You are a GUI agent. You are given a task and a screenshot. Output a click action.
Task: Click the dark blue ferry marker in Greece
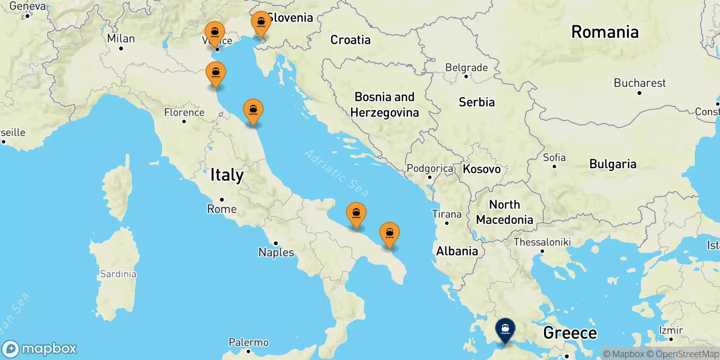pos(505,330)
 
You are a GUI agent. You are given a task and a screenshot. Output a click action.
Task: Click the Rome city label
pos(222,209)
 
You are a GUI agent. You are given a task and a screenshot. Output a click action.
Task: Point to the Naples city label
pos(276,252)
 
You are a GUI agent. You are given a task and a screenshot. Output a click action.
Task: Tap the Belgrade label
pos(466,68)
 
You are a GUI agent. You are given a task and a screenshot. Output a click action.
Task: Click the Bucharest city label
pos(639,83)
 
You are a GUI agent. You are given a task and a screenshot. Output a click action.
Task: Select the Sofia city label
pos(554,157)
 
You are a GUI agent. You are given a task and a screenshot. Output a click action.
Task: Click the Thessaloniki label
pos(542,242)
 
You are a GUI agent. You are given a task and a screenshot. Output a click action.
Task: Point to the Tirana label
pos(447,214)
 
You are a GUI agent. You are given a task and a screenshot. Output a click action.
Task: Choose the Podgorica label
pos(430,169)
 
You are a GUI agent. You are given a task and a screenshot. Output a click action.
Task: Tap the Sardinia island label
pos(118,274)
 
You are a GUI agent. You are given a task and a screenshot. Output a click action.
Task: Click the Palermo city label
pos(248,342)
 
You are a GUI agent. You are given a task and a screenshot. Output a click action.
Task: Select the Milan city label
pos(121,39)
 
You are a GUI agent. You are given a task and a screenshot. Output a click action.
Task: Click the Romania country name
pos(605,32)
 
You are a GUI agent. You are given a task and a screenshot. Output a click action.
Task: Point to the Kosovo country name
pos(481,169)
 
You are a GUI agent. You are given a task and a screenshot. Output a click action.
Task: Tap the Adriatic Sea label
pos(337,173)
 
